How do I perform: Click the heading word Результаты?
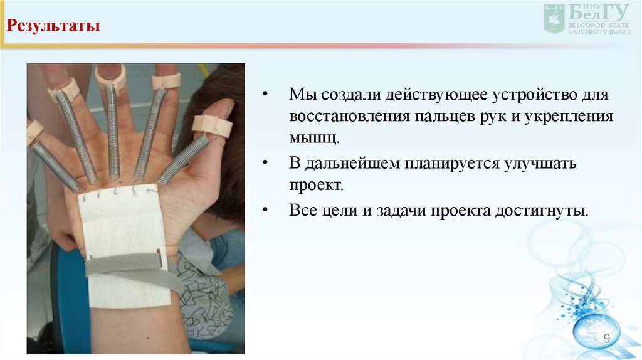[53, 28]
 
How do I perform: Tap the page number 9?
[607, 339]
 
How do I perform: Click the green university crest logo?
[554, 18]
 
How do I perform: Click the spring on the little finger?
[55, 166]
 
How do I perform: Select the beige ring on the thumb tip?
[212, 125]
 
